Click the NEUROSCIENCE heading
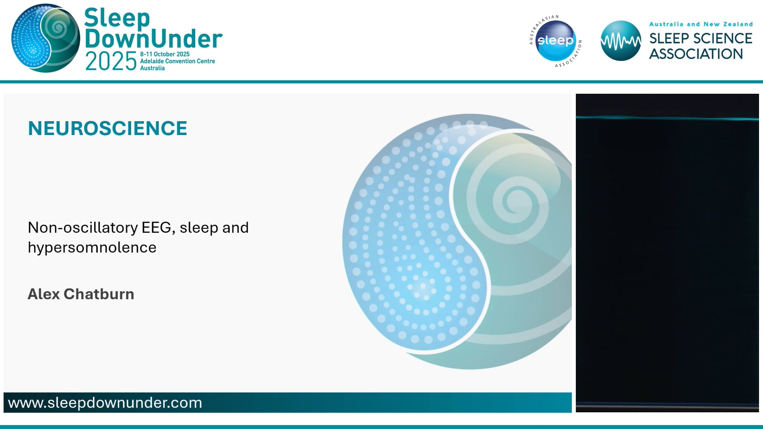(x=107, y=129)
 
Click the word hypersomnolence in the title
(x=92, y=247)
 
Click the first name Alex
(x=43, y=294)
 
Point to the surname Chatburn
(x=99, y=294)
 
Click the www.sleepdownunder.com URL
(x=105, y=403)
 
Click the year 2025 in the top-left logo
(x=111, y=62)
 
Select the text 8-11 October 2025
(x=165, y=54)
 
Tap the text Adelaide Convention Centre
(x=177, y=61)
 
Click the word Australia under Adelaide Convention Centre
(x=152, y=68)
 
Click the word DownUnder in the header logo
(x=153, y=39)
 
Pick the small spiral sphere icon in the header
(x=45, y=38)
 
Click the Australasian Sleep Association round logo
(x=556, y=41)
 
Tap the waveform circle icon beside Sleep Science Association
(x=620, y=41)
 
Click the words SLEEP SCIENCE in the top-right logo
(x=700, y=39)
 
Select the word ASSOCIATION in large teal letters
(x=696, y=54)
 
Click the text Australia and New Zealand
(x=701, y=24)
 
